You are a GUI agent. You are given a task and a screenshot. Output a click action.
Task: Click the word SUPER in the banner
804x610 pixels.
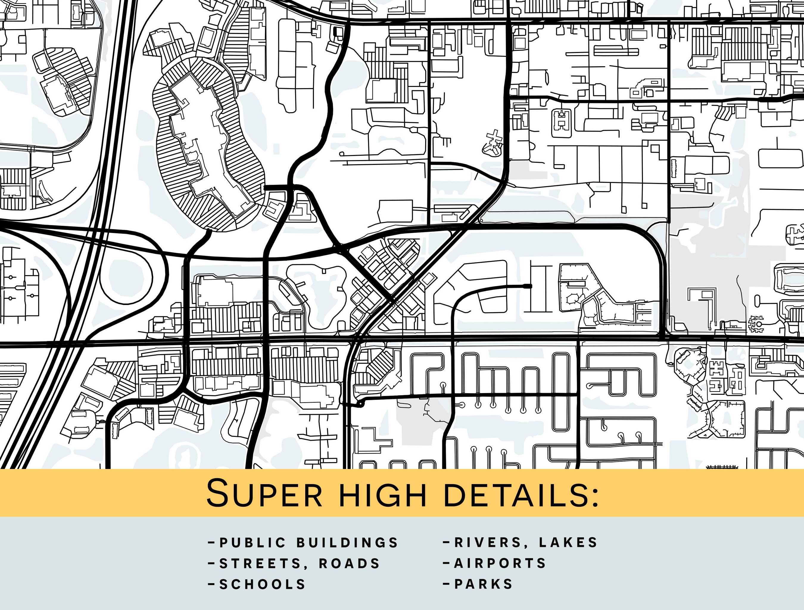pos(264,493)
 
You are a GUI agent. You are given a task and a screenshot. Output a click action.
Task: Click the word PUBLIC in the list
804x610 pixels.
pos(253,542)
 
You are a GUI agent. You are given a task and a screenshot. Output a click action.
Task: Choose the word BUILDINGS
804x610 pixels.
pos(348,542)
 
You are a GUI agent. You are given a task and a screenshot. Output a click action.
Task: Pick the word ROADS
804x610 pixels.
pos(349,564)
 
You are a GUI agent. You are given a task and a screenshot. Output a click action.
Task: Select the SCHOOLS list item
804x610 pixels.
pos(262,584)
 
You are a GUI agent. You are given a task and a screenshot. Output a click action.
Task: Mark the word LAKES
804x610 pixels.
pos(568,542)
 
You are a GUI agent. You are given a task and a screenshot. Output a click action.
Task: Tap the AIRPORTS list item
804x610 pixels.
pos(500,563)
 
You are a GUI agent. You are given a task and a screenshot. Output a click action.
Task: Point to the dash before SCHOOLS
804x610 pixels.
pos(211,584)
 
